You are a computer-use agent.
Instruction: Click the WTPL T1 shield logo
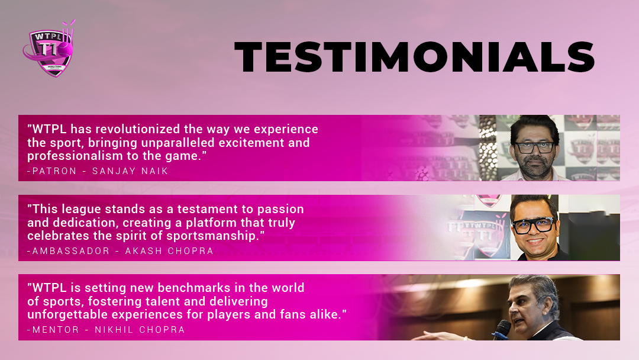49,49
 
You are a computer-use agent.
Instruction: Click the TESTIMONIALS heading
415,57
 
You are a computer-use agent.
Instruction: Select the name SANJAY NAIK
130,171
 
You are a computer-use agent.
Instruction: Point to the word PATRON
54,171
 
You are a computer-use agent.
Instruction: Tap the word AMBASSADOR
71,250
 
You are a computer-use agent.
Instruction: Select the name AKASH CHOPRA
169,250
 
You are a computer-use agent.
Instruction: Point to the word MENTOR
56,329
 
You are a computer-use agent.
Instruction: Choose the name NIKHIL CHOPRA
140,329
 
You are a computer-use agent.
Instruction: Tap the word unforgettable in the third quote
68,314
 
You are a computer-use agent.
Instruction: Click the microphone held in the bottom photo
501,329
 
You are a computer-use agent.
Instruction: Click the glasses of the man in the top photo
535,147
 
